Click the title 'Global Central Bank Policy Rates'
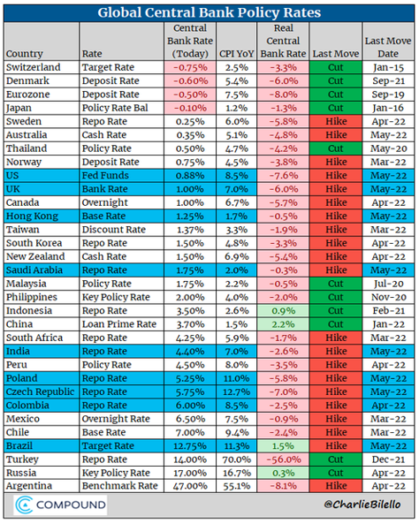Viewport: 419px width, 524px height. click(209, 12)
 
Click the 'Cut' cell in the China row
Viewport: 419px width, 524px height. click(335, 323)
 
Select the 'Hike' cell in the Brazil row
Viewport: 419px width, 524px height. click(335, 446)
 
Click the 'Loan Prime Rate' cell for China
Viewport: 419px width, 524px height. click(118, 323)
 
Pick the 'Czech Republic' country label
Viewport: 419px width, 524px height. click(41, 391)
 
